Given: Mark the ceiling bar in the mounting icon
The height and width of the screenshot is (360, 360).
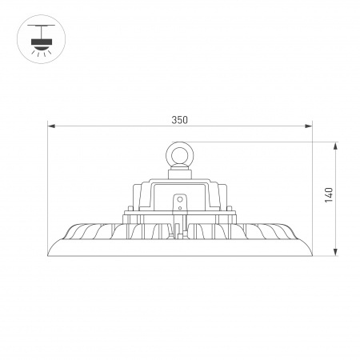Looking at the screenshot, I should [38, 27].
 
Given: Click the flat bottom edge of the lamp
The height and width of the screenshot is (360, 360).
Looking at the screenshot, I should [179, 257].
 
